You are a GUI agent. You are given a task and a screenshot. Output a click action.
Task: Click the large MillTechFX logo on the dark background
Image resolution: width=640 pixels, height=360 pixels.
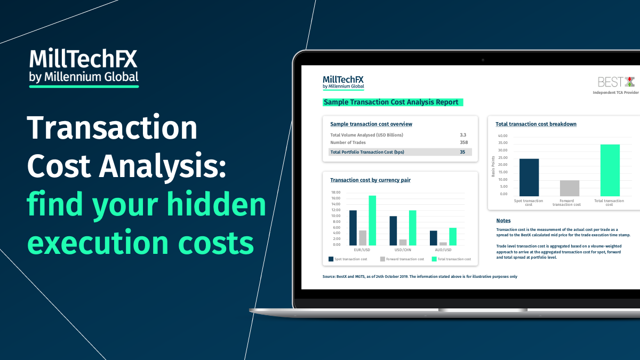coord(84,68)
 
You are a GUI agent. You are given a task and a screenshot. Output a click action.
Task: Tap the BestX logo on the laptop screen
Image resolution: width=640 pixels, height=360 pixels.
coord(616,82)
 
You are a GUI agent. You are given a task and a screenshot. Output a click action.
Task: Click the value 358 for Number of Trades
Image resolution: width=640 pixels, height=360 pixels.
coord(463,142)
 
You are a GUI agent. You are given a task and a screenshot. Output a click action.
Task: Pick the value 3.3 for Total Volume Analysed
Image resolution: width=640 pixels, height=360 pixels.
coord(463,135)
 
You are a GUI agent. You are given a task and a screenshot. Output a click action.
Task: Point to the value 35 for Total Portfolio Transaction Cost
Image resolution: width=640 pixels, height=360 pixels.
coord(462,152)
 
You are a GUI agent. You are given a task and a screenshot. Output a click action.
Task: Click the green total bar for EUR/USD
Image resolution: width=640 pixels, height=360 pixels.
coord(372,221)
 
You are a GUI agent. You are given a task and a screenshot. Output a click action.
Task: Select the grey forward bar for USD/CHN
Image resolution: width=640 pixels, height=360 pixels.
coord(403,242)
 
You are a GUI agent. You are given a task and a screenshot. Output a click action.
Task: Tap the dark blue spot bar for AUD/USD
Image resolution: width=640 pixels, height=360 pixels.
coord(434,238)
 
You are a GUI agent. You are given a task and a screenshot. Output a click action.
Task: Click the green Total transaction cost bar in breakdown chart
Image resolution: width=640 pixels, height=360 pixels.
coord(610,170)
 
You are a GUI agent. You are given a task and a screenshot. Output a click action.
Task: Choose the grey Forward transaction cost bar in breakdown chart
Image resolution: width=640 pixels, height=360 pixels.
coord(570,188)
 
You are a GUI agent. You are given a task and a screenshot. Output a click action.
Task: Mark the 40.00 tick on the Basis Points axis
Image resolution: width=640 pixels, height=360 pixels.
coord(502,135)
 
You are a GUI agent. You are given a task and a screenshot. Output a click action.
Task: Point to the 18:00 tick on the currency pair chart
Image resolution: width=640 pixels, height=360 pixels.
coord(335,193)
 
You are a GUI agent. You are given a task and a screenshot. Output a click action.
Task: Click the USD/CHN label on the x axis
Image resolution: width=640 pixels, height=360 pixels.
coord(403,250)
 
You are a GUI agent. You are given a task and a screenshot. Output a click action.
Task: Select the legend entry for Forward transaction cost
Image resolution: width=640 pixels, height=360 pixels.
coord(402,259)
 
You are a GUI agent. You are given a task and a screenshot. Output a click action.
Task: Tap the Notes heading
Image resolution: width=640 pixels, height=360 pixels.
coord(503,221)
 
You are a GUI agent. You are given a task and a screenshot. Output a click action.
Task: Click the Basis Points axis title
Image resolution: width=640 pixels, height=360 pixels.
coord(493,166)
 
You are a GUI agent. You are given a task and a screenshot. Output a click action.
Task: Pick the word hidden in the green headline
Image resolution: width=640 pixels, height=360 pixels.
coord(217,204)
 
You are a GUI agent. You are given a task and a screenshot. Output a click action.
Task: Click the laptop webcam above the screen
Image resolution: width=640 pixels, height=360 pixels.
coord(483,60)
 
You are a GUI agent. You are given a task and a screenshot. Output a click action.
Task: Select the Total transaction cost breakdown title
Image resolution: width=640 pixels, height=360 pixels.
coord(536,124)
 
